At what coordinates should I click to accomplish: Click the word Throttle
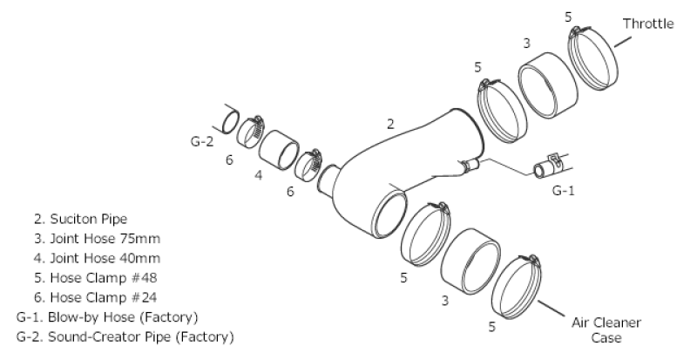648,24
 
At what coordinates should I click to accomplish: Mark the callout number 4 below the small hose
258,173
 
